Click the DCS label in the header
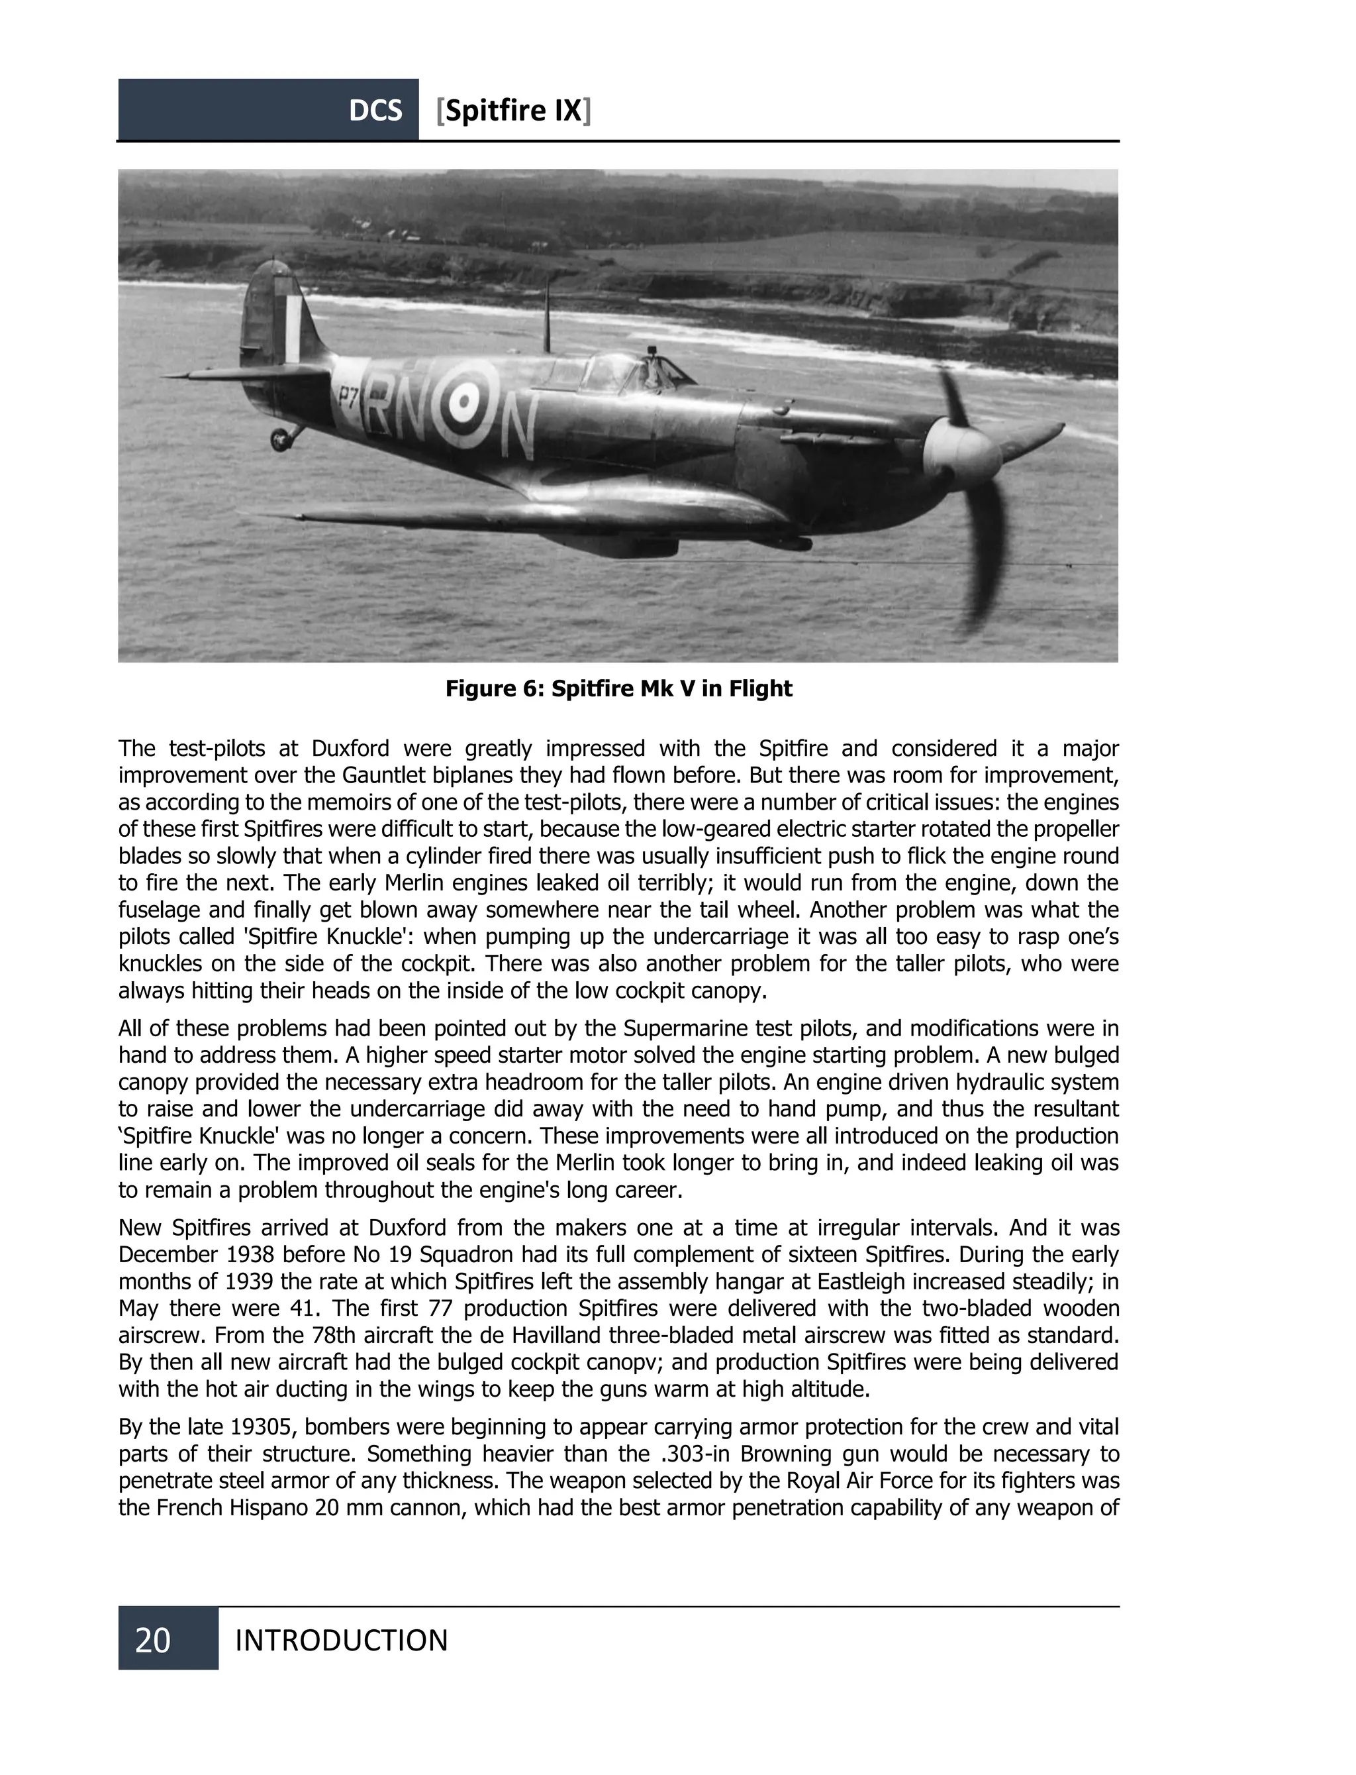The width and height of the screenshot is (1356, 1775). [375, 111]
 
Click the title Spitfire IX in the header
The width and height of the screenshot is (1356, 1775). [513, 111]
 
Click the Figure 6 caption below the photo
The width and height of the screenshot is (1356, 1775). [618, 689]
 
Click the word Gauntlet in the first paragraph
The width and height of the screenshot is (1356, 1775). [387, 775]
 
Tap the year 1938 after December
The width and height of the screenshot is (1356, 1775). [255, 1254]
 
